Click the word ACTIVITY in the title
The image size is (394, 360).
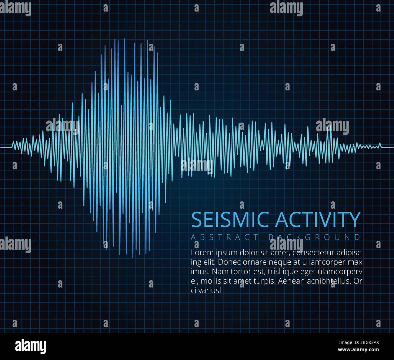[x=318, y=220]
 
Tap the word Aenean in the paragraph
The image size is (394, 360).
[x=291, y=281]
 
